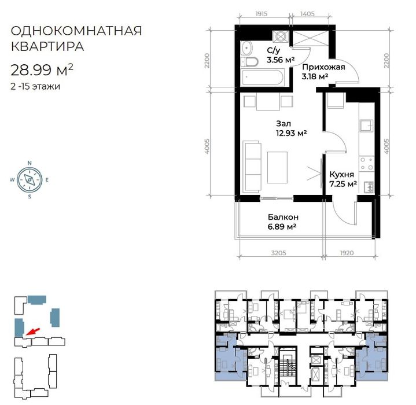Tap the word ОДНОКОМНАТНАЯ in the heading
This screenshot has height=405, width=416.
(x=76, y=30)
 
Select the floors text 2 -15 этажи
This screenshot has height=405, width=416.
(x=35, y=87)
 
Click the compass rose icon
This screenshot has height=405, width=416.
(x=29, y=179)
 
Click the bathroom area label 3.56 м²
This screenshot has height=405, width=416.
(x=280, y=59)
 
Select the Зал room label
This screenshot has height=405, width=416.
(x=284, y=123)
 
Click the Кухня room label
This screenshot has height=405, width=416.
(x=343, y=174)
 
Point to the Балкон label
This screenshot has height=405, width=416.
(x=282, y=218)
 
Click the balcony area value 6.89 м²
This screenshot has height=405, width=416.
(x=282, y=227)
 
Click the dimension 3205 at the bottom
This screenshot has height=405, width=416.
(x=279, y=252)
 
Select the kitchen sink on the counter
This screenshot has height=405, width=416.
(x=366, y=125)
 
